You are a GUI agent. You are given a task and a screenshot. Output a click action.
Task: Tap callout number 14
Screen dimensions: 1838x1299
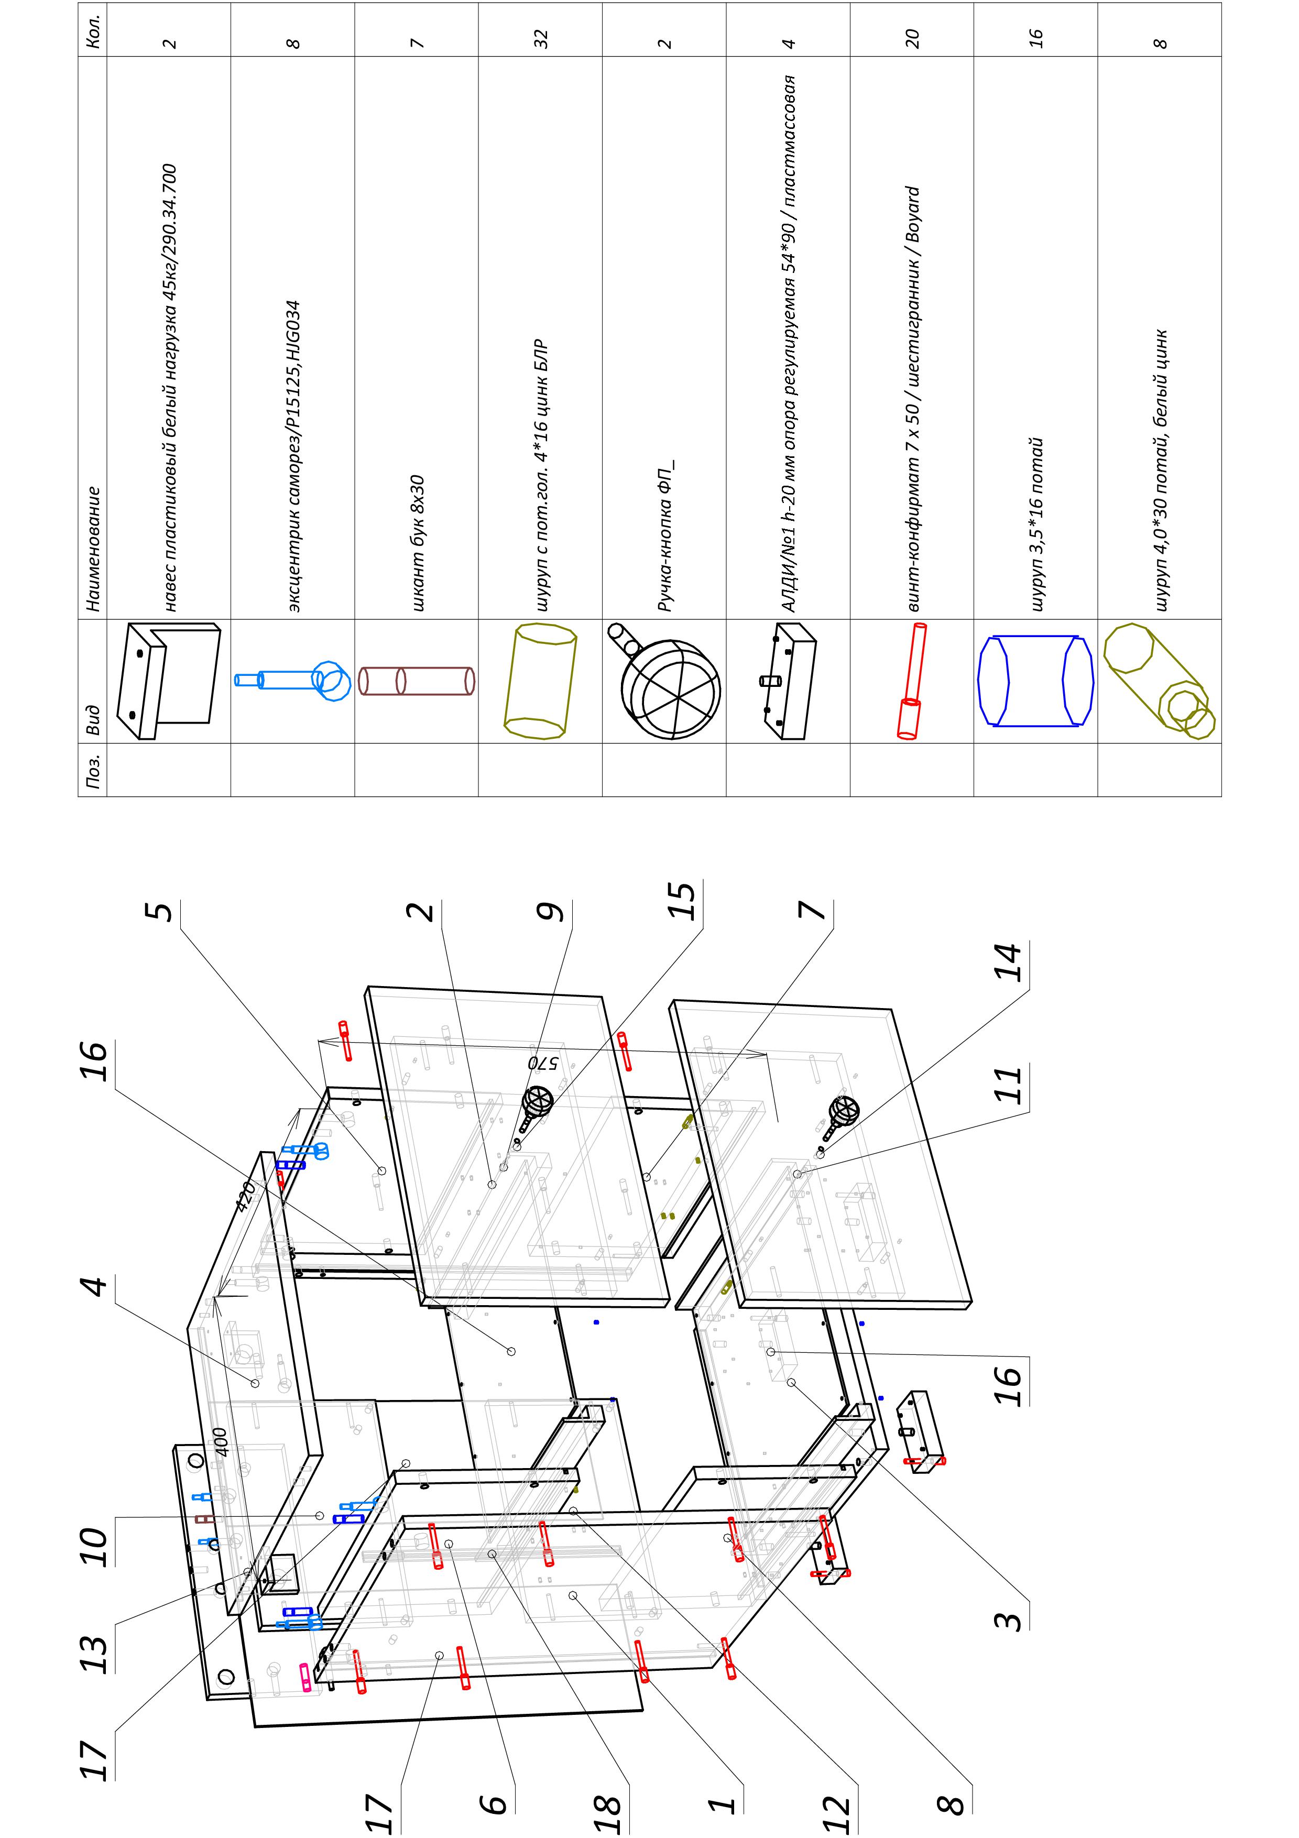click(x=1009, y=963)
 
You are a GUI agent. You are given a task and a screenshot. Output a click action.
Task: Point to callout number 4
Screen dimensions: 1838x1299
click(x=95, y=1286)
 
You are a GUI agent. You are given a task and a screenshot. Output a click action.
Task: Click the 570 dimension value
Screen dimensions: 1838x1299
click(x=543, y=1062)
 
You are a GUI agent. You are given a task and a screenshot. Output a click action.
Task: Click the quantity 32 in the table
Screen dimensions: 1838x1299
click(x=541, y=39)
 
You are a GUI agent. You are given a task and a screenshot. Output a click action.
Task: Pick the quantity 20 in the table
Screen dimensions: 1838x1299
click(x=912, y=39)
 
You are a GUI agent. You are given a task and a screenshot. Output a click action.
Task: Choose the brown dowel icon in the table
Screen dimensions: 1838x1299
click(x=416, y=681)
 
